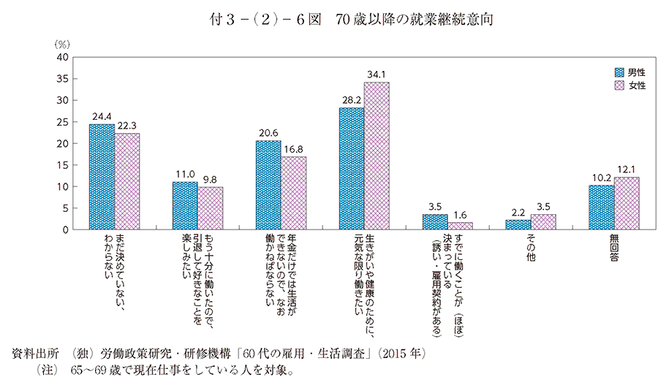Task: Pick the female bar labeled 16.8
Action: [x=294, y=193]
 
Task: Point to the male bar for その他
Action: [x=518, y=225]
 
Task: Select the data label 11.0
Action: [x=185, y=175]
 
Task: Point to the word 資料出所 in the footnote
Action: [x=34, y=354]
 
